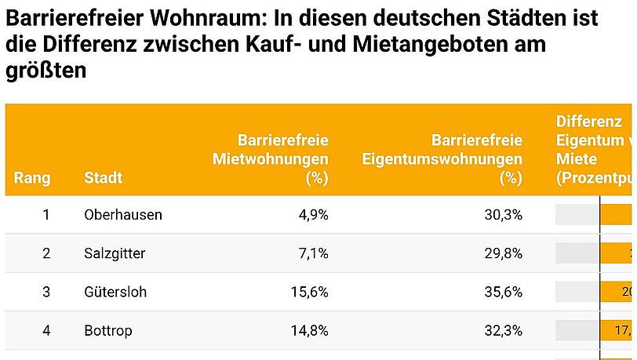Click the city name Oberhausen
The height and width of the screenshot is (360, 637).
[122, 214]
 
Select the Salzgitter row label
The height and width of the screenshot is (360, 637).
[115, 253]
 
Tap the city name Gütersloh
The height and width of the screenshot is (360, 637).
[115, 292]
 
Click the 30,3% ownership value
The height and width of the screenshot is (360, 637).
[504, 214]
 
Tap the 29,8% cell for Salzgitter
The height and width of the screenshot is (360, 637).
[504, 253]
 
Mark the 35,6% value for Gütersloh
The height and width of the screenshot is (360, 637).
[504, 292]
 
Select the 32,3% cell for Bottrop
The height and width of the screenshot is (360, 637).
[504, 330]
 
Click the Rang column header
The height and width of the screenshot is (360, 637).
[32, 178]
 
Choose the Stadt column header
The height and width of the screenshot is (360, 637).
[103, 178]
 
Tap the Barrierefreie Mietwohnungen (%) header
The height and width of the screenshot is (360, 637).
[271, 159]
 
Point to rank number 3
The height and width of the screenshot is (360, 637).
[46, 292]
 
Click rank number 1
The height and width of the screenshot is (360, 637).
[46, 214]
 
